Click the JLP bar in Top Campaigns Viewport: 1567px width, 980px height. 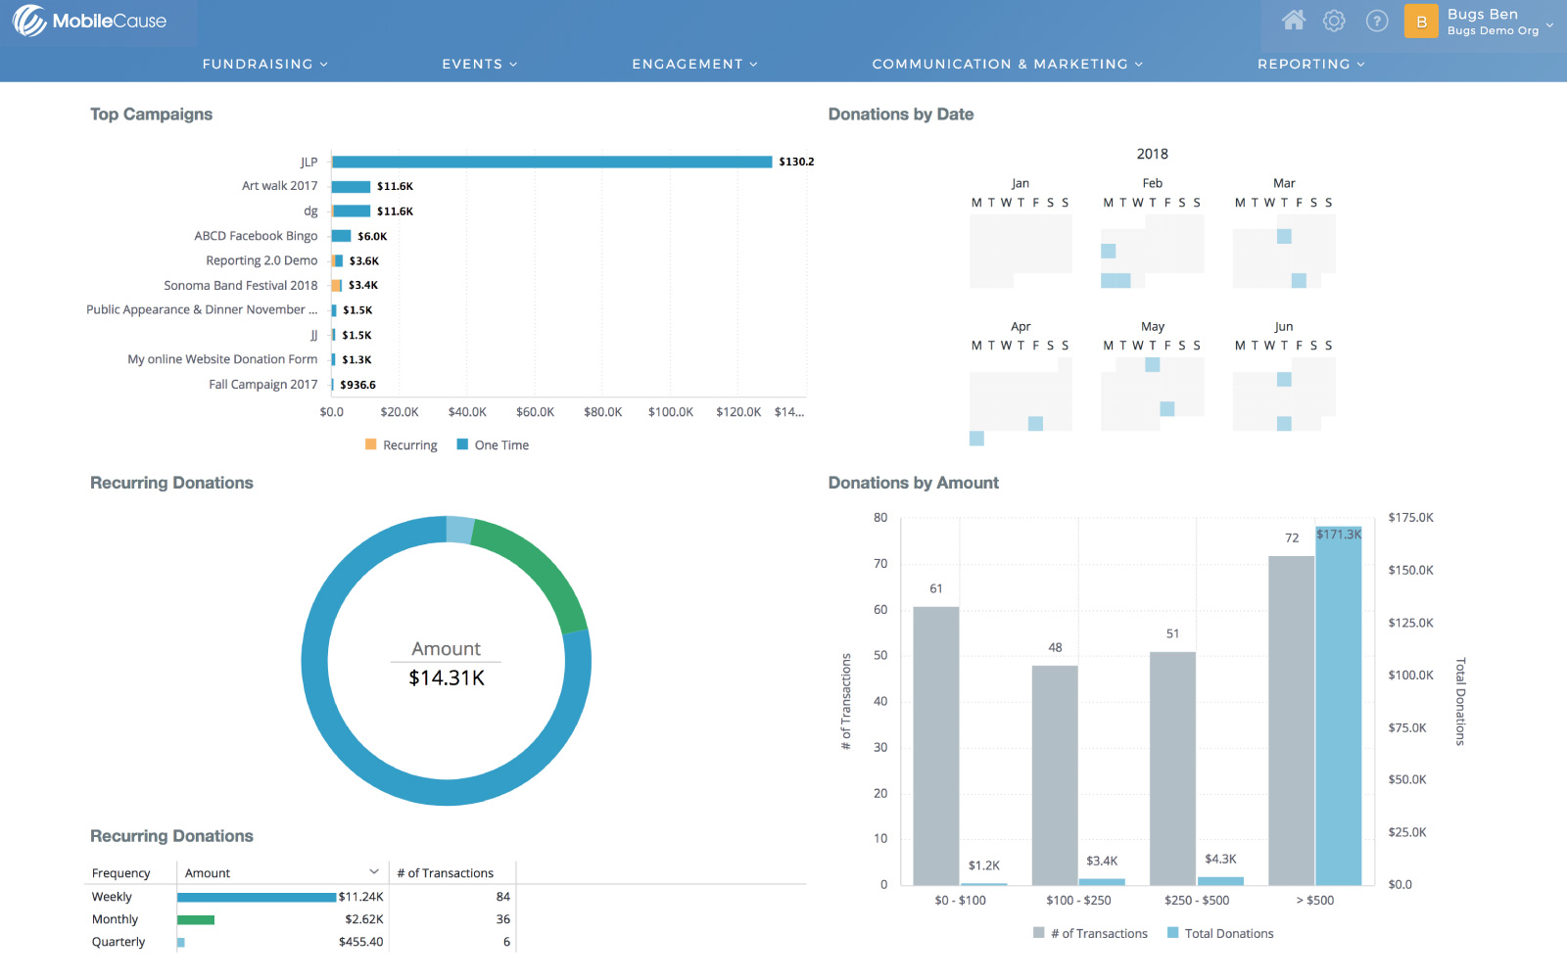[551, 162]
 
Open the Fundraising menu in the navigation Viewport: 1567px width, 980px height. [264, 64]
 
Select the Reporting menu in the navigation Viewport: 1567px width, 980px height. [1310, 64]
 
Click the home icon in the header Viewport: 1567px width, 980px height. [1294, 21]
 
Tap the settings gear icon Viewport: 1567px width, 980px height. [1334, 21]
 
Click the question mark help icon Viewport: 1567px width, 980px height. [1377, 21]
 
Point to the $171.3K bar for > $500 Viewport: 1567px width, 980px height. [1339, 705]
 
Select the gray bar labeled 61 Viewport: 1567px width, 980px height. [936, 744]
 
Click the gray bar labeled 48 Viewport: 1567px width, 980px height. [1055, 773]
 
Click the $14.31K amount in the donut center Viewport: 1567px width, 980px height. [447, 677]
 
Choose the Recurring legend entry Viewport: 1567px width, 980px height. [402, 445]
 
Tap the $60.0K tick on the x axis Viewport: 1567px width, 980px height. [535, 412]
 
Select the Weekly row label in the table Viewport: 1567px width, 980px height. [112, 897]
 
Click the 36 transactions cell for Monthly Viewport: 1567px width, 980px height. [502, 919]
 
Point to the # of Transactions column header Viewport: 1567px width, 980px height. [446, 873]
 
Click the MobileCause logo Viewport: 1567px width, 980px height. [90, 21]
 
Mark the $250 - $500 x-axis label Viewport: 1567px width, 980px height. [1197, 901]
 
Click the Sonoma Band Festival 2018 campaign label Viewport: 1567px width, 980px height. [241, 286]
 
